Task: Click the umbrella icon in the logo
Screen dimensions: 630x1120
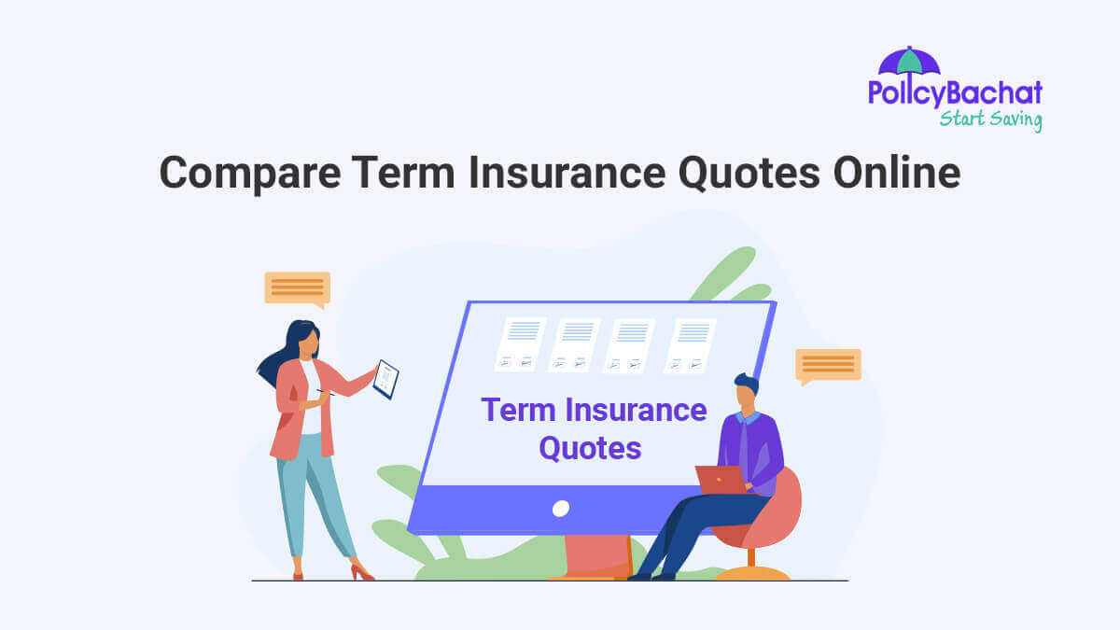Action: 909,62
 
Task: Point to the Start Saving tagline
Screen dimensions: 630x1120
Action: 990,119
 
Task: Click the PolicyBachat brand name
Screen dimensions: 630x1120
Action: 955,93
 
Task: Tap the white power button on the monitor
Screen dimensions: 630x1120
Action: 561,509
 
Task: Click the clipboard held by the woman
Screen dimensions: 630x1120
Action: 385,379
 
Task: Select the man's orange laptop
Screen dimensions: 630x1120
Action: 721,480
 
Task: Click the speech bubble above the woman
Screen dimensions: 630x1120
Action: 297,288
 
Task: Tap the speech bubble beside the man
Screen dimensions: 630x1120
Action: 828,365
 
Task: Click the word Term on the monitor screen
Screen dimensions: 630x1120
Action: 516,410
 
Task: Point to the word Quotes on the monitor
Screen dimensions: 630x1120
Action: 591,448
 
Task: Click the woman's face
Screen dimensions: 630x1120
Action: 307,342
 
